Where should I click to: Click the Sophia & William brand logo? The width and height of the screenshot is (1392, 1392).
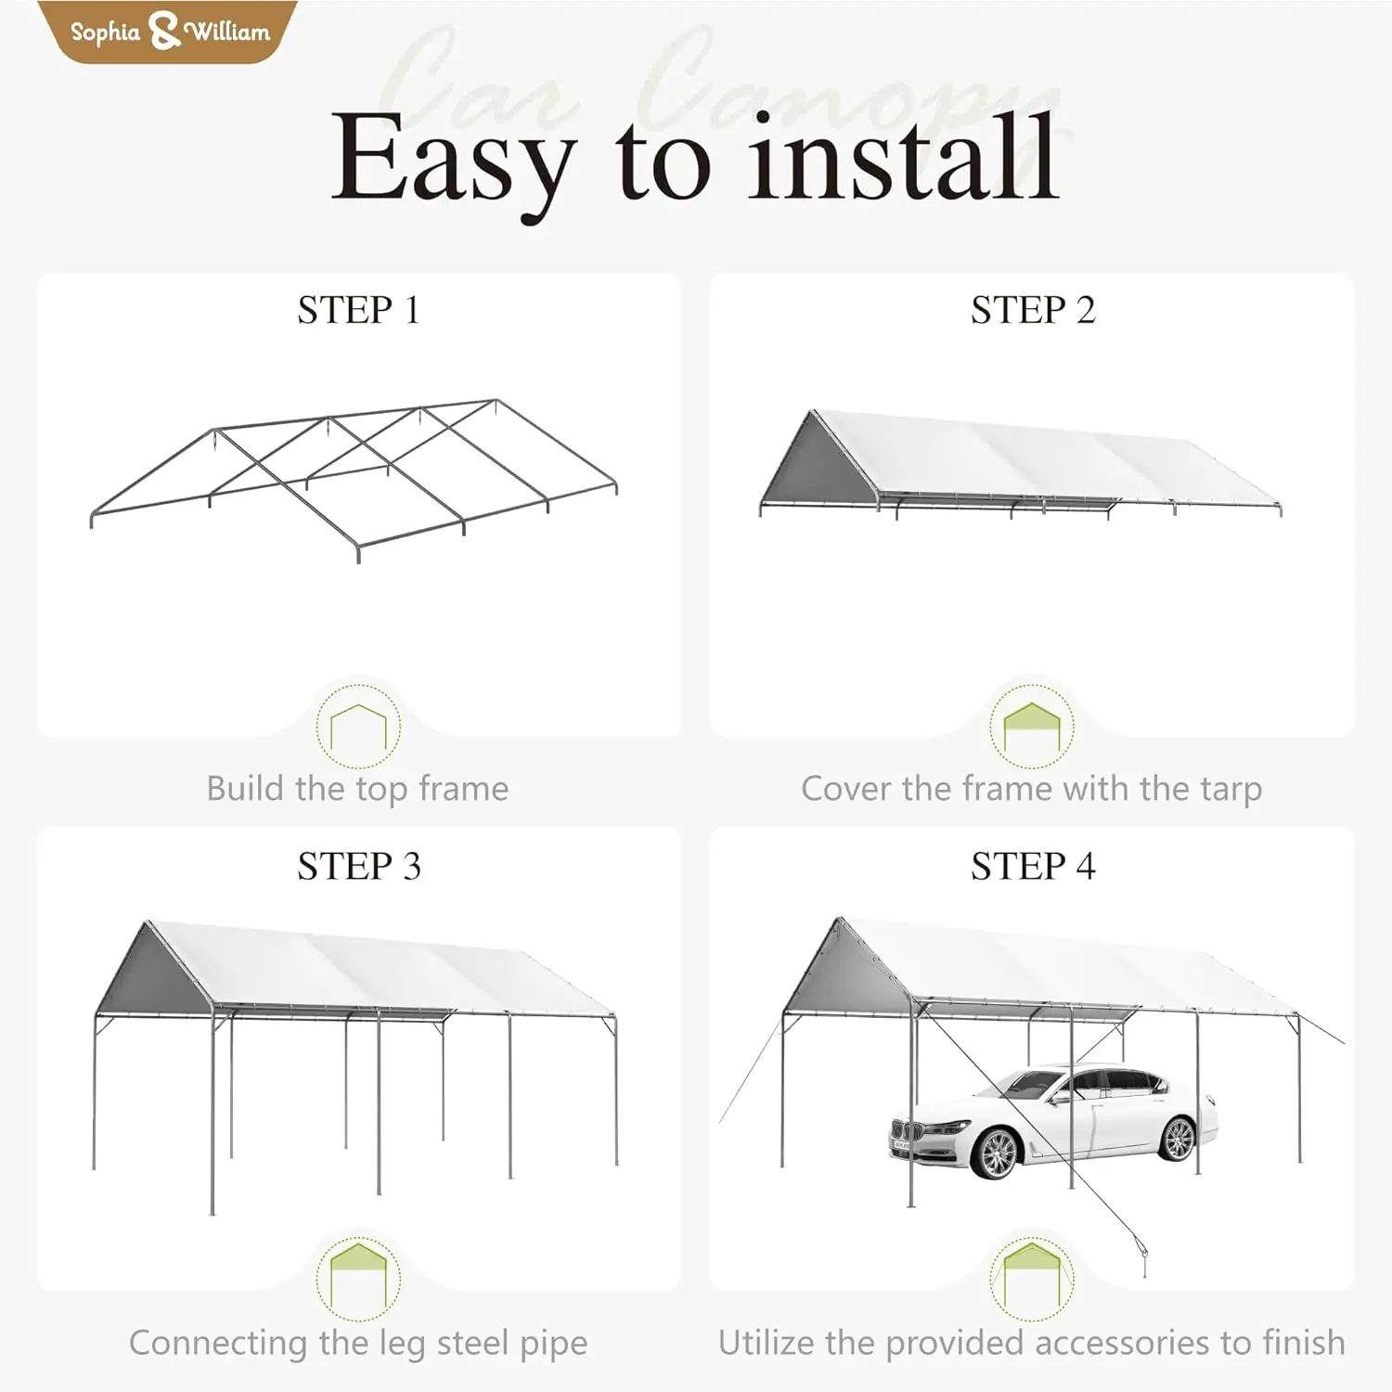click(169, 32)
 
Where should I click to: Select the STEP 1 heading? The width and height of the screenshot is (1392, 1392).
click(358, 310)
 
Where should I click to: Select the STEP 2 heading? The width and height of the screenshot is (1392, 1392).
click(1032, 310)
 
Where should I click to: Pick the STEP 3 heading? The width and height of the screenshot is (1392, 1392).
click(358, 866)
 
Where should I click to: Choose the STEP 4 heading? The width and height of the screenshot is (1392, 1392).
click(1032, 866)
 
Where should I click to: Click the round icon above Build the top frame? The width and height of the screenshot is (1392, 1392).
click(358, 726)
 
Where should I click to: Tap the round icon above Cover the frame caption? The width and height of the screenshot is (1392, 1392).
click(1032, 726)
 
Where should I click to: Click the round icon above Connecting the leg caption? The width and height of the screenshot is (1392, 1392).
click(358, 1279)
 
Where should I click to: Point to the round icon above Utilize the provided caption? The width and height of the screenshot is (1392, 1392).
click(1032, 1279)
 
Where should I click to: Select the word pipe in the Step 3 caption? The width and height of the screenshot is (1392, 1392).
click(553, 1343)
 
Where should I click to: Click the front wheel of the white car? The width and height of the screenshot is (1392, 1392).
click(997, 1152)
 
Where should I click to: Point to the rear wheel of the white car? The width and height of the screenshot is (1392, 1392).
click(1178, 1138)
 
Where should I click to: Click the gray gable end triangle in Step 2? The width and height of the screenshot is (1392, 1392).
click(816, 464)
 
